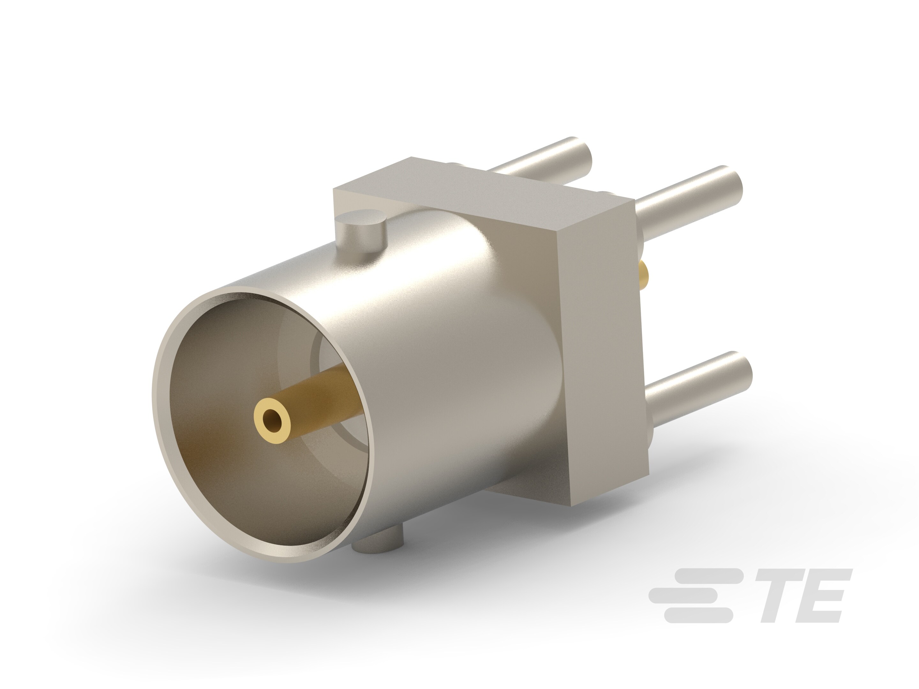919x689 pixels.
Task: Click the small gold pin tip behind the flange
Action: click(644, 276)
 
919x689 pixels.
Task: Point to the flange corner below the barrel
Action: click(536, 490)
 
